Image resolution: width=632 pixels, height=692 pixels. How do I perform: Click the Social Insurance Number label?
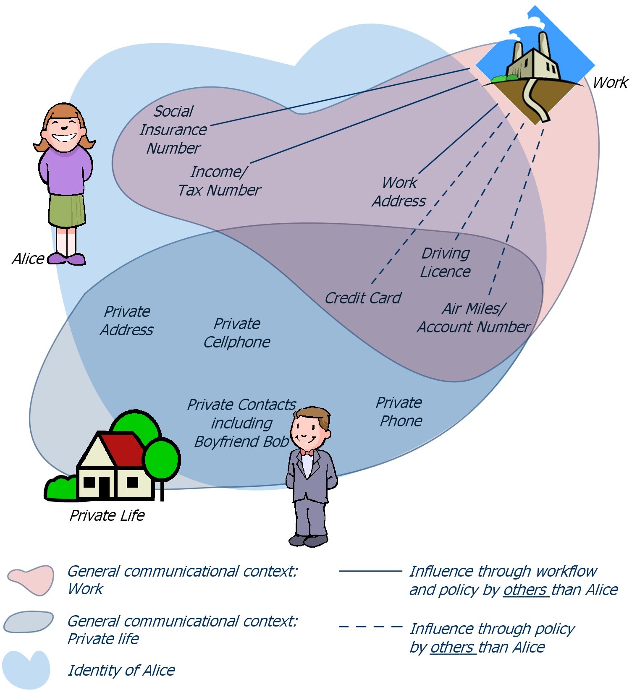[173, 130]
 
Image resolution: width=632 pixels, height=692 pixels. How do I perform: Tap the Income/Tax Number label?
[219, 181]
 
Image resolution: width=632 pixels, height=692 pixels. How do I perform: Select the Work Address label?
[399, 192]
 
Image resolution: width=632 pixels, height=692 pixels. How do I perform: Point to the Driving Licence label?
[445, 262]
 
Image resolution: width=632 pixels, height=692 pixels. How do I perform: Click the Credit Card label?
[363, 298]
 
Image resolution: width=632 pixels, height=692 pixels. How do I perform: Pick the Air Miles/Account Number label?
[473, 318]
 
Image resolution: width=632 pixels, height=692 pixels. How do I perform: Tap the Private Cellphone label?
[237, 333]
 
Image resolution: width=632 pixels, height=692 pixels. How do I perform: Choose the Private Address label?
[127, 321]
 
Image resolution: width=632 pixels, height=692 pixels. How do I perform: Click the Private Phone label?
[399, 412]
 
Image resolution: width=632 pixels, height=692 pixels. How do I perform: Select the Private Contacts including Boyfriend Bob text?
[241, 423]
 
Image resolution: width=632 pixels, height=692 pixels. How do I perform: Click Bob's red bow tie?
[307, 452]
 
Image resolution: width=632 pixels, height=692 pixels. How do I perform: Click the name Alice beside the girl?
[28, 259]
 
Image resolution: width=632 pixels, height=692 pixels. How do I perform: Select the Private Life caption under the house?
[107, 515]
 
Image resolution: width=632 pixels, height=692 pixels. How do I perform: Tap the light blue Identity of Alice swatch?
[26, 669]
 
